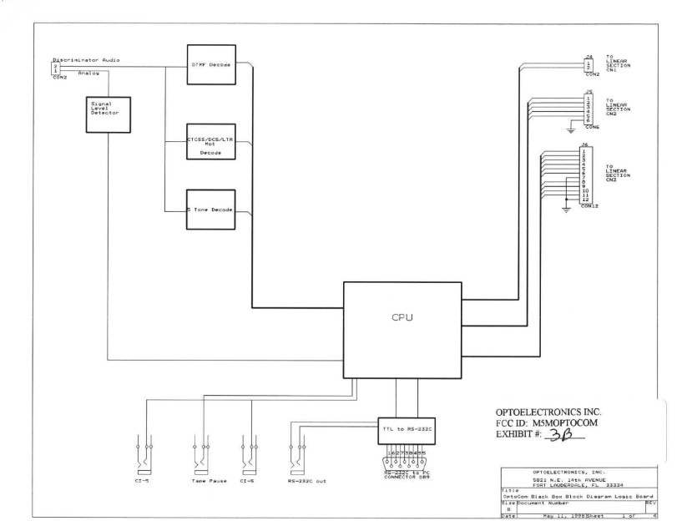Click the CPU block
[402, 318]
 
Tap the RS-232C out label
[301, 482]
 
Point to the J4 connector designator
[588, 56]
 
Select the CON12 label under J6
[591, 206]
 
